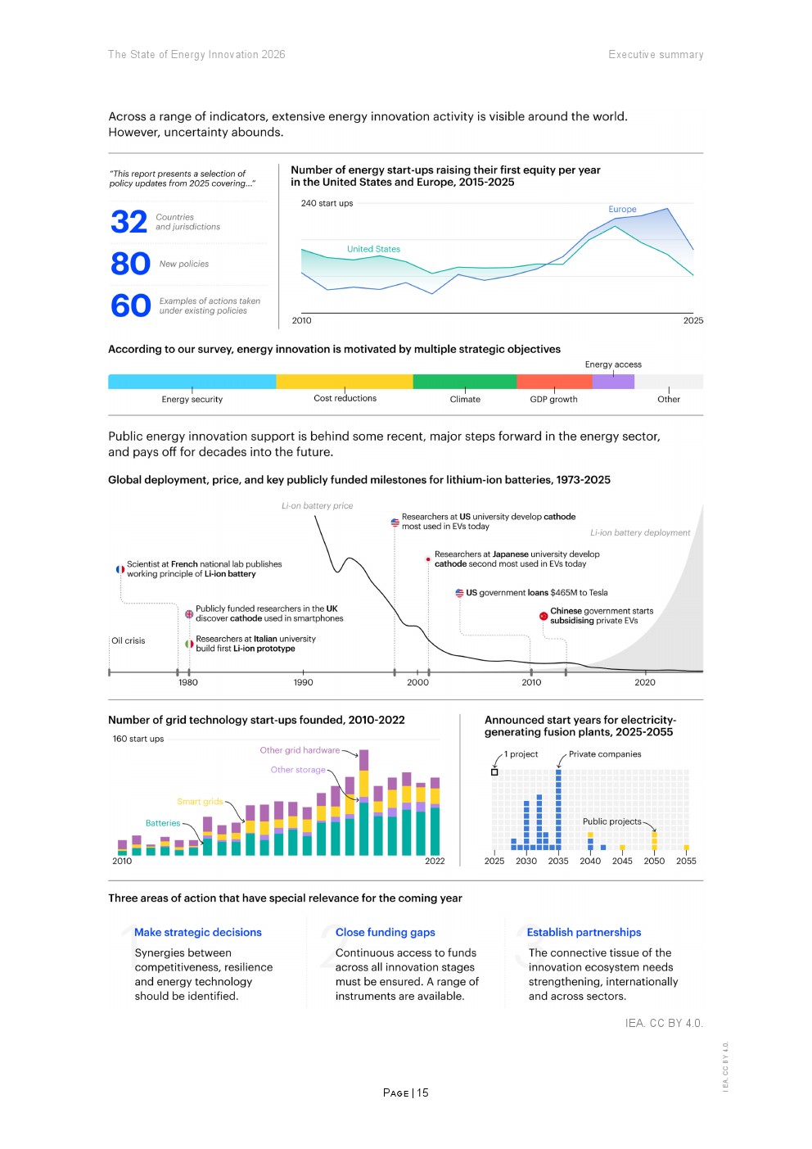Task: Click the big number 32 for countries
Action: (x=129, y=222)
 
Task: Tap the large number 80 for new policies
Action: (x=130, y=264)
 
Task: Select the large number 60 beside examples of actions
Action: (x=130, y=305)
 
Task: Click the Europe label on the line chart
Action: (x=622, y=210)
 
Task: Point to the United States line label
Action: (x=373, y=249)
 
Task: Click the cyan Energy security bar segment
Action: (x=192, y=382)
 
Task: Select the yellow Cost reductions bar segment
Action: (x=344, y=382)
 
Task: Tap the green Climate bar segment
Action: (x=464, y=382)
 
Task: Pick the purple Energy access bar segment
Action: (x=613, y=382)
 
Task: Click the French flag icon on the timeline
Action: (x=120, y=569)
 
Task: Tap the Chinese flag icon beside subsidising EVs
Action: (x=544, y=616)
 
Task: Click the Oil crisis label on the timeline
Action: (x=129, y=640)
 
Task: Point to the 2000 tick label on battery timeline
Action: (x=417, y=682)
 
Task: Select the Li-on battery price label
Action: (x=318, y=506)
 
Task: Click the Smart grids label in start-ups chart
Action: (x=200, y=802)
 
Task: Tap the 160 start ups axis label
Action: (x=138, y=739)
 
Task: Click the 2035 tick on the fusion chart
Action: (x=558, y=861)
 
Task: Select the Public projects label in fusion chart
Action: (x=611, y=821)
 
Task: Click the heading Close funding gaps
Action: (x=385, y=932)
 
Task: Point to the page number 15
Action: (x=422, y=1092)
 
